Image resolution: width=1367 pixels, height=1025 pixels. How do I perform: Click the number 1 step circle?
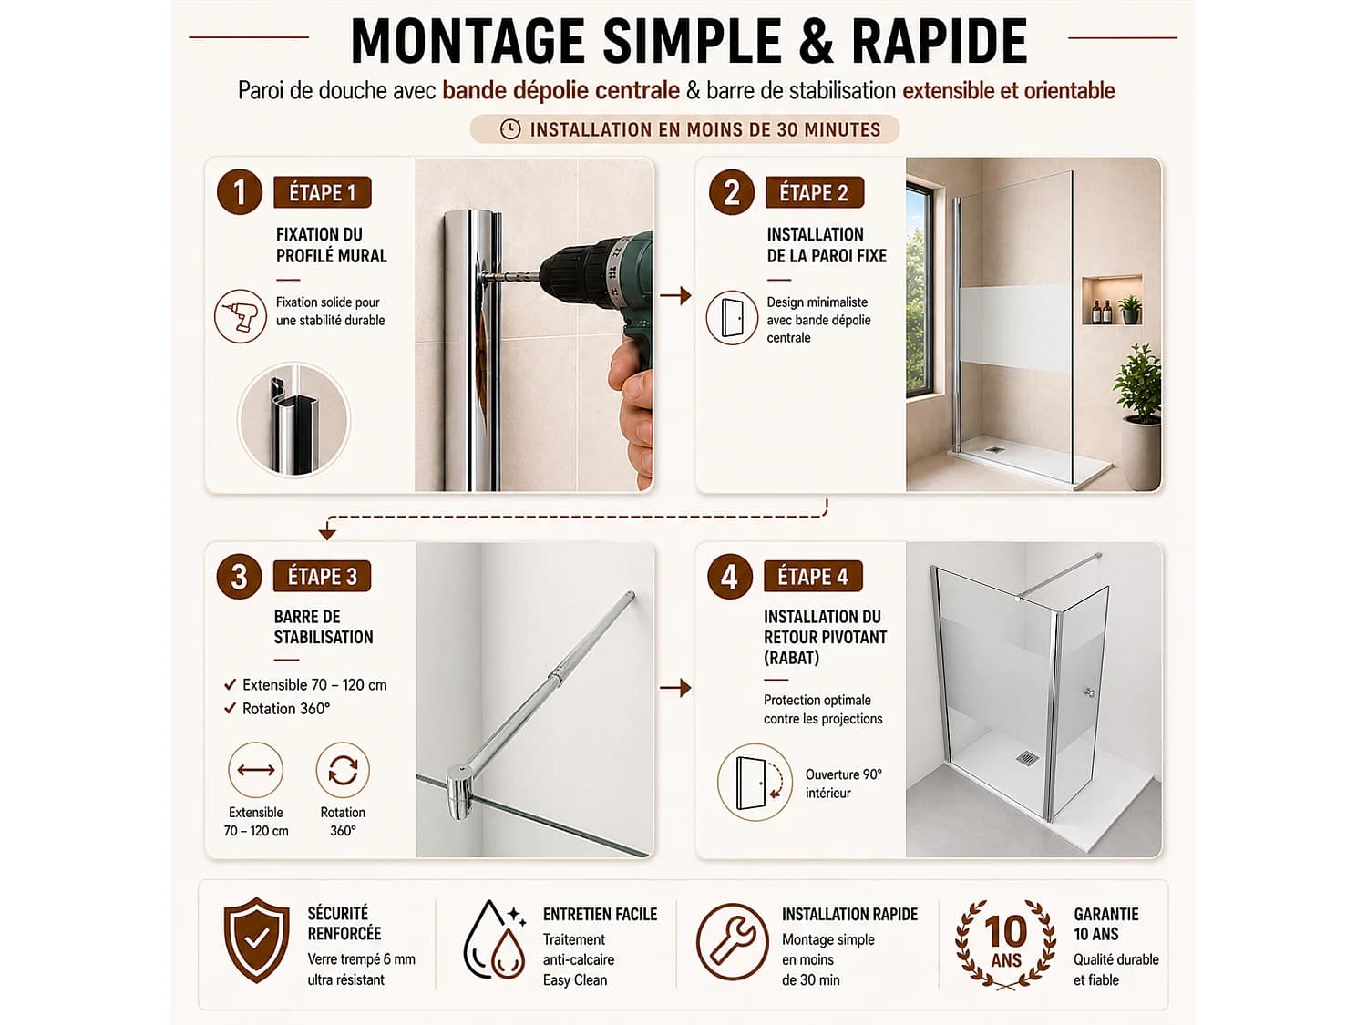pos(239,192)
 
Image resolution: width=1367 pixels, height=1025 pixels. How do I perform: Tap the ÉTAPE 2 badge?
pos(814,192)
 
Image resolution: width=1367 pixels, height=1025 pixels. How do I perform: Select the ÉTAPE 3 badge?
pos(322,577)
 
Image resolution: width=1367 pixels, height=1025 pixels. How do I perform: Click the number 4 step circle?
pos(730,577)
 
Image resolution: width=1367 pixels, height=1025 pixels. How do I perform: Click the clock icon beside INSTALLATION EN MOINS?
pos(510,129)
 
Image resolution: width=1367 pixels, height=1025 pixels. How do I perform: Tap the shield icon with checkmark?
pos(256,939)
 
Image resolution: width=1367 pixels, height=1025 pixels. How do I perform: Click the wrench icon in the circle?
pos(733,940)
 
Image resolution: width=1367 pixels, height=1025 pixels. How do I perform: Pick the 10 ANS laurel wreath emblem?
pos(1005,944)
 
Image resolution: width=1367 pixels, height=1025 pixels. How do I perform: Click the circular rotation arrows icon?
pos(343,770)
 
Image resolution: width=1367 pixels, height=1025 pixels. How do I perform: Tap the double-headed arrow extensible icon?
pos(255,770)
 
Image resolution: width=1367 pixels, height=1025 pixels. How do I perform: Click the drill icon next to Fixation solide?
pos(241,316)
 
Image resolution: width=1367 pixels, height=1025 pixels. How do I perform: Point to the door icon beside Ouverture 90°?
pos(755,783)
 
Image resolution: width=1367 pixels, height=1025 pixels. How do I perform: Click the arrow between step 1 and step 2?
pos(675,295)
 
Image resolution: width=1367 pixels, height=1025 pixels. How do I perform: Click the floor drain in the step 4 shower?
pos(1026,758)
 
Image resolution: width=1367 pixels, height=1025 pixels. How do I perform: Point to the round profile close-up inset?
pos(294,420)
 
